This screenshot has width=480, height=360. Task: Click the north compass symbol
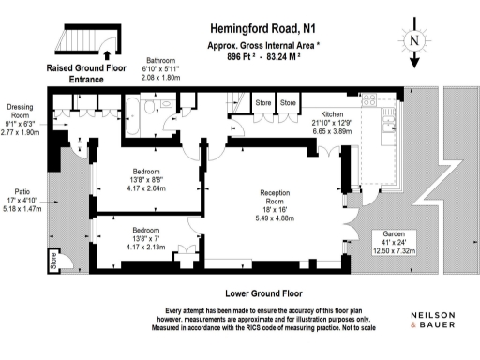tap(414, 45)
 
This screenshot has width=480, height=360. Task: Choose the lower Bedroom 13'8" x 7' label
tap(145, 234)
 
